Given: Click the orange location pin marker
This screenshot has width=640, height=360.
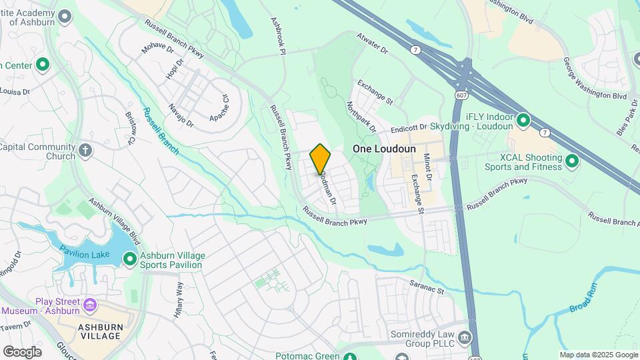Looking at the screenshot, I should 321,159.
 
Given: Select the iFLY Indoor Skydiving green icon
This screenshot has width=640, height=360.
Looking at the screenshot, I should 523,121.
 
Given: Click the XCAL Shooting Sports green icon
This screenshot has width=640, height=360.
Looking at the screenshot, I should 572,161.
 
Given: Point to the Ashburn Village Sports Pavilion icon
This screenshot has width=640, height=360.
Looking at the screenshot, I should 129,258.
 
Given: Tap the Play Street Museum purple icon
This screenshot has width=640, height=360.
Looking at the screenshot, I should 90,307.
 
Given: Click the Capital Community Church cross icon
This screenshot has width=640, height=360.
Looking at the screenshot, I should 85,149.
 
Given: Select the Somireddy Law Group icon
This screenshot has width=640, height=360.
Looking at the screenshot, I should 465,336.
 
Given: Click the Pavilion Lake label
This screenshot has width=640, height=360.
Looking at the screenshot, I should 83,251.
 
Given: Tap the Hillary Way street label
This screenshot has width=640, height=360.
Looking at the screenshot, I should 179,301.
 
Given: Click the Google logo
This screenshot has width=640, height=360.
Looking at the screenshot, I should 22,351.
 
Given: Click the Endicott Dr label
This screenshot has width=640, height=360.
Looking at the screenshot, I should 409,127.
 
